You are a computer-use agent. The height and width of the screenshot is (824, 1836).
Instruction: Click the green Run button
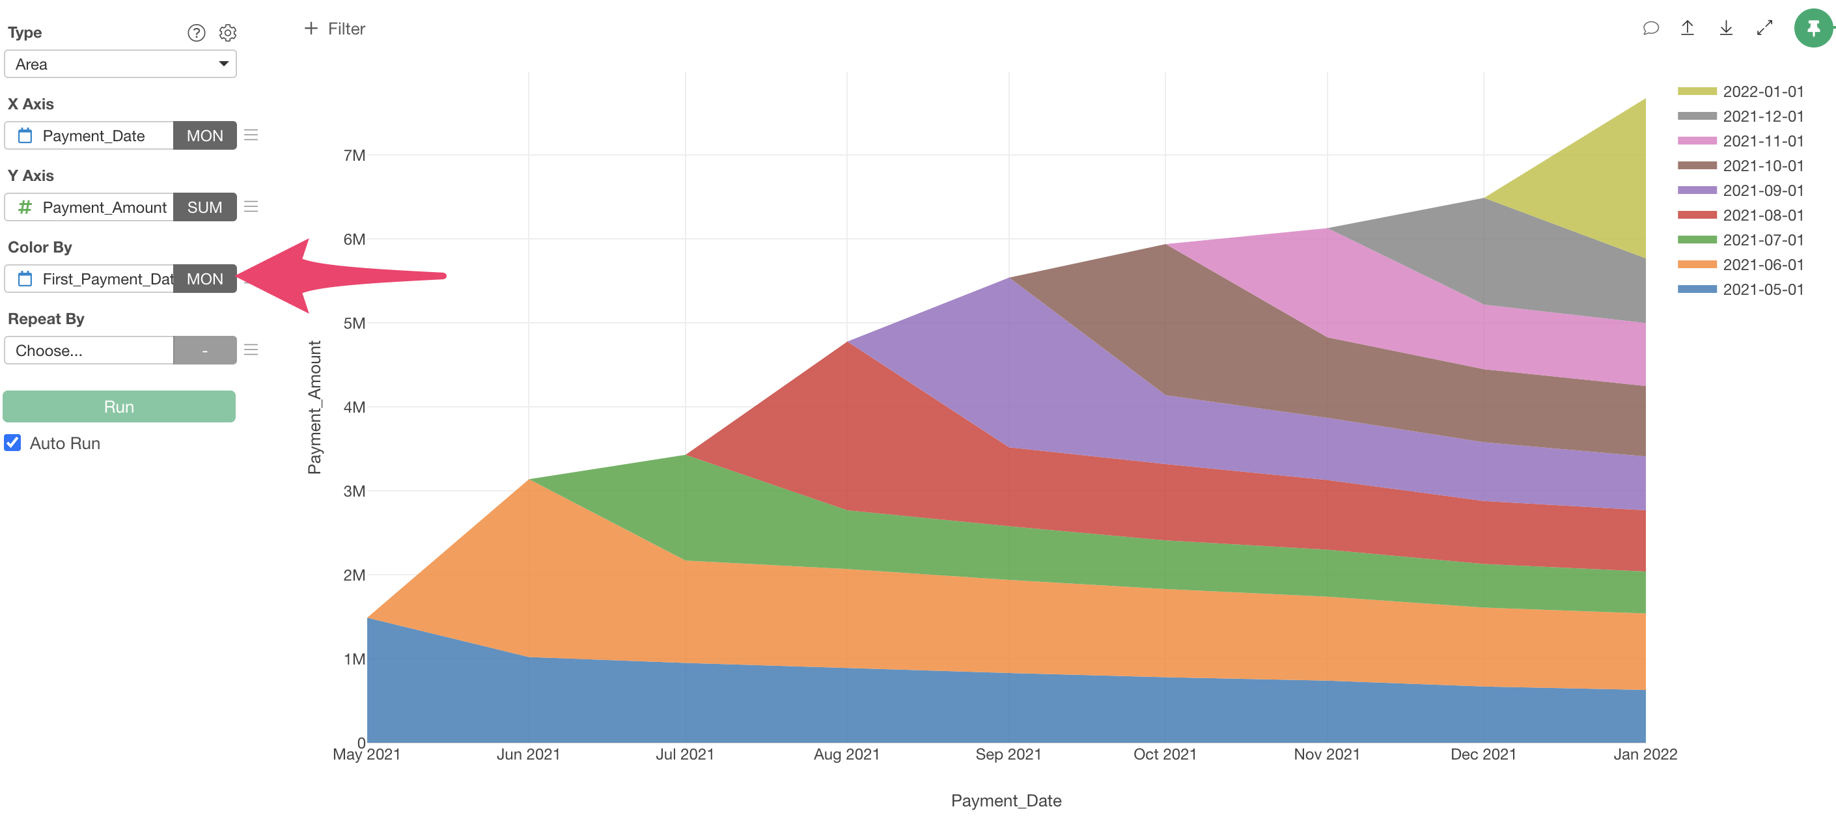click(x=119, y=406)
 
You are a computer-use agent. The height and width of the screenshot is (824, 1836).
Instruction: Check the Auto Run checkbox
click(x=13, y=443)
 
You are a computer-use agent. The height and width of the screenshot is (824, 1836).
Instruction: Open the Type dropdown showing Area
click(x=120, y=64)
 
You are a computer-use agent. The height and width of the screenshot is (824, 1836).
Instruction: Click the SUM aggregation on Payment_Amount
click(x=204, y=208)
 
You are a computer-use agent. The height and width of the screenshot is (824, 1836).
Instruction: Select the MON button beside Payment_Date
click(x=204, y=135)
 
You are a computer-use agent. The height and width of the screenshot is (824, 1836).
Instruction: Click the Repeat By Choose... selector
click(x=89, y=351)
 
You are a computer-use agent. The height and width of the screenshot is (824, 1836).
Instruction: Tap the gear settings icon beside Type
click(x=227, y=33)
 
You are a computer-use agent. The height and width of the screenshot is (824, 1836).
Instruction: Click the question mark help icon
click(x=196, y=33)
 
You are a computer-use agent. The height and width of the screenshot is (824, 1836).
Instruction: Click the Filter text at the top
click(x=346, y=29)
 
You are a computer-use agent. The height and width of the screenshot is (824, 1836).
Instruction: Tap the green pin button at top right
click(x=1813, y=29)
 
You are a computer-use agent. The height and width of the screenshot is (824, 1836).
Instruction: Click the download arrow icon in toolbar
click(x=1725, y=29)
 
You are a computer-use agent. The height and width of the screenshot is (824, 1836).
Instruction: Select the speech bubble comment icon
click(x=1650, y=29)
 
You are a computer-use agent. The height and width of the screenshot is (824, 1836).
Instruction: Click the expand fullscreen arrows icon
click(x=1764, y=29)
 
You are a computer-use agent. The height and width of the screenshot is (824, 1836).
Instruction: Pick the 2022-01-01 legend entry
click(x=1762, y=91)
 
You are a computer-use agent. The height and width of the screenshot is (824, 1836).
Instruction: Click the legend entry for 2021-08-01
click(x=1762, y=215)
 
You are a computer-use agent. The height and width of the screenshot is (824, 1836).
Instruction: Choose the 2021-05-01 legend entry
click(x=1762, y=290)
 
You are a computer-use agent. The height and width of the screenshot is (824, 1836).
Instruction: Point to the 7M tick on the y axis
click(x=354, y=156)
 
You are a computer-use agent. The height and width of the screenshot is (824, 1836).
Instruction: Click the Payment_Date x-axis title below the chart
click(x=1006, y=801)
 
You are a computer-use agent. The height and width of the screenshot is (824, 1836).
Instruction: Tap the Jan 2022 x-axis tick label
click(x=1645, y=754)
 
